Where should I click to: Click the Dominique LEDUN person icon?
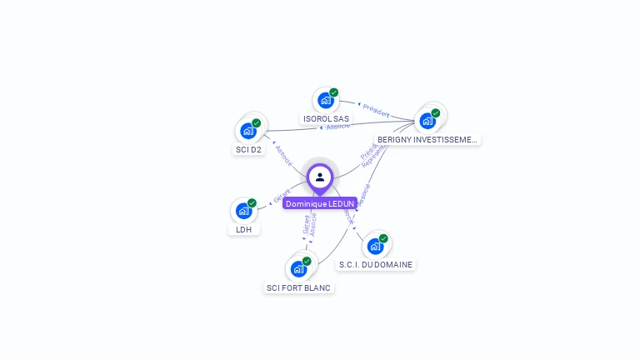[x=320, y=177]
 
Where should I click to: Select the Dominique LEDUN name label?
[x=320, y=203]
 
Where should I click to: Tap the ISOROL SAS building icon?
[x=326, y=101]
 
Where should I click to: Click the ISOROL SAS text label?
[x=327, y=119]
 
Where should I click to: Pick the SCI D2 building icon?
[x=248, y=131]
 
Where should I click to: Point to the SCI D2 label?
[x=248, y=150]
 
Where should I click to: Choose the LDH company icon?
[x=243, y=211]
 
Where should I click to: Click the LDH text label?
[x=243, y=229]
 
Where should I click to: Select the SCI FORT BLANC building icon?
[x=298, y=269]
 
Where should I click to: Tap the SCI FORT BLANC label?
[x=298, y=288]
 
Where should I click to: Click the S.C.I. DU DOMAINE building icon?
[x=375, y=246]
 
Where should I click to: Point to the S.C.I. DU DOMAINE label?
[x=376, y=264]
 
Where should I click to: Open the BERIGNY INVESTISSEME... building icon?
[x=427, y=121]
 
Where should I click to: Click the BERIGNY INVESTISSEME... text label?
[x=427, y=140]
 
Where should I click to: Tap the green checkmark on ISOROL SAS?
[x=334, y=92]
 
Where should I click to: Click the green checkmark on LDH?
[x=252, y=202]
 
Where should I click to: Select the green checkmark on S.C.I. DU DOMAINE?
[x=383, y=238]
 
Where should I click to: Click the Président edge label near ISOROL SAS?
[x=376, y=109]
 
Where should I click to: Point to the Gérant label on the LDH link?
[x=282, y=197]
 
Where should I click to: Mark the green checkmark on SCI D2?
[x=257, y=122]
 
